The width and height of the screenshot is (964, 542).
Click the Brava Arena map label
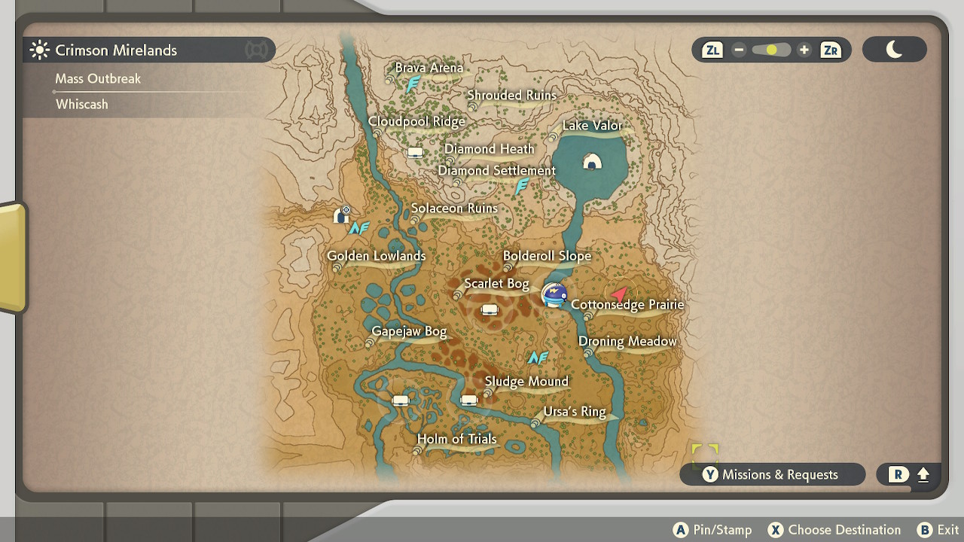tap(429, 68)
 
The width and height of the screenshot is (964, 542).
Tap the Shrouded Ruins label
tap(511, 96)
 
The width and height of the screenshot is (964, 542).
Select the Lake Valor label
tap(593, 126)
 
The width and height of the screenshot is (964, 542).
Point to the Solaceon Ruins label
tap(454, 209)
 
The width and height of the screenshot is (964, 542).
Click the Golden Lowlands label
tap(377, 256)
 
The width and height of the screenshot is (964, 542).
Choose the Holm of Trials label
tap(457, 439)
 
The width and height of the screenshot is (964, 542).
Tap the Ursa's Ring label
tap(575, 412)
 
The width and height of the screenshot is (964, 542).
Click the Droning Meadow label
tap(627, 342)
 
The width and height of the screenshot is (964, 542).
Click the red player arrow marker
tap(619, 293)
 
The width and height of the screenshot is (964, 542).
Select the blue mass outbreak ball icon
tap(555, 294)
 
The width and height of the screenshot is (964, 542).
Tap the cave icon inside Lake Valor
tap(592, 162)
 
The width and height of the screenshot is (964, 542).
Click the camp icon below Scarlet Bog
tap(490, 309)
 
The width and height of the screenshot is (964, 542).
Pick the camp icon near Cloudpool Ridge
tap(415, 152)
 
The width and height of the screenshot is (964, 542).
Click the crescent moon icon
tap(894, 50)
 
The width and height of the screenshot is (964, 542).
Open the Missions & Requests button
tap(772, 474)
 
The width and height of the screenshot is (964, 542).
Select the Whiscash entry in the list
tap(82, 105)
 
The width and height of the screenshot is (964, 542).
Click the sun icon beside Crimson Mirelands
tap(39, 50)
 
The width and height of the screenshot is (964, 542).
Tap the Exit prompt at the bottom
tap(938, 530)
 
